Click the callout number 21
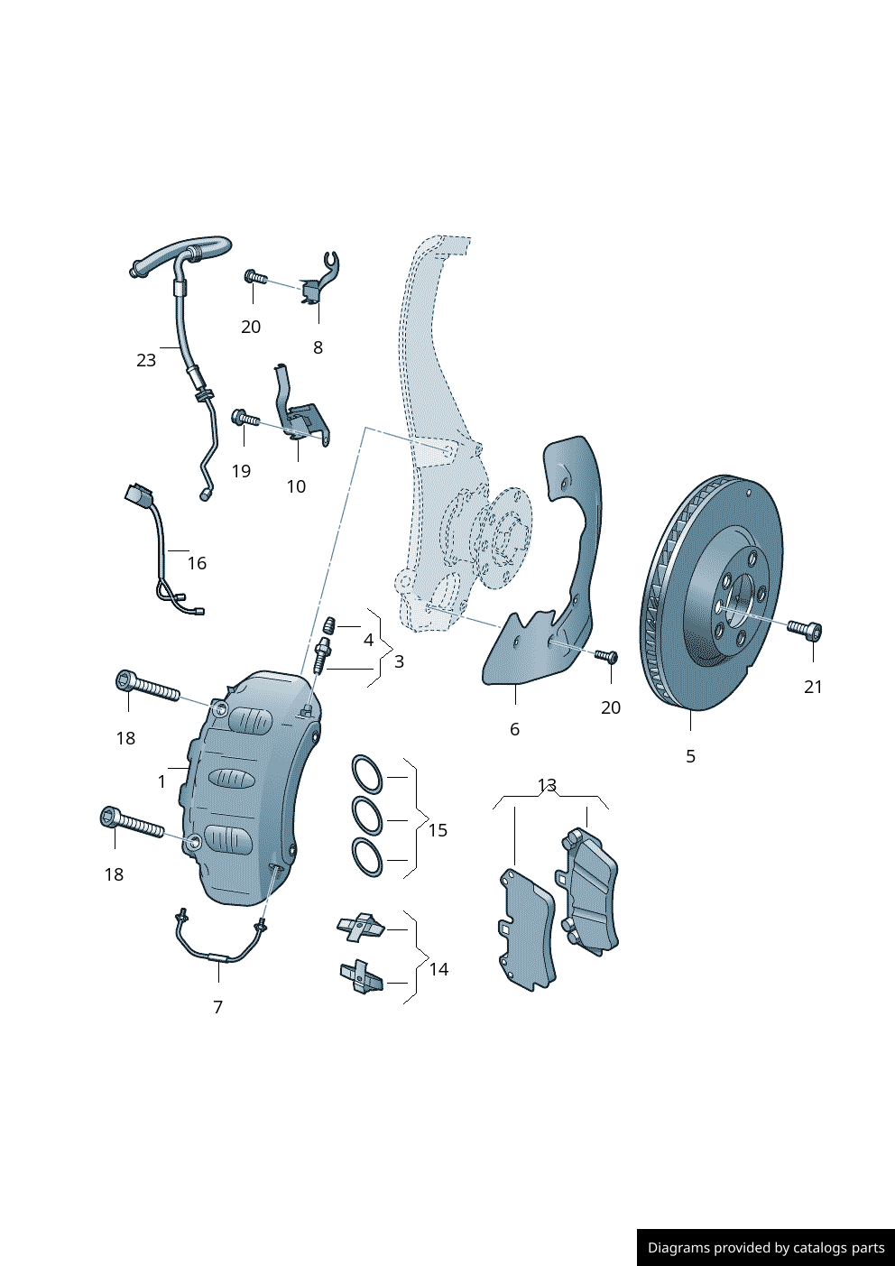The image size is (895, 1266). point(813,687)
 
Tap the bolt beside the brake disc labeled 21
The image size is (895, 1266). point(805,628)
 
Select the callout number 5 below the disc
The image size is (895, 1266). point(690,756)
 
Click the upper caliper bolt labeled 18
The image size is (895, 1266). point(149,688)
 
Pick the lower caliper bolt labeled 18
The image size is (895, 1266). point(132,822)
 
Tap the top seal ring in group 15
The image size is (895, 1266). point(366,774)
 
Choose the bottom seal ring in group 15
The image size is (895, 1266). point(366,857)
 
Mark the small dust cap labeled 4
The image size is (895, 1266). point(330,624)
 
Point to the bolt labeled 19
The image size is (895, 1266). point(245,419)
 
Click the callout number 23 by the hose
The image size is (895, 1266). point(146,360)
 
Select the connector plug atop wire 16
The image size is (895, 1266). point(140,495)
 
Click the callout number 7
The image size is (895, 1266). point(217,1007)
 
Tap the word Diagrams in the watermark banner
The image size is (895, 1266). point(678,1248)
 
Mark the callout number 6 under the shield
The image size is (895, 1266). point(514,729)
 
